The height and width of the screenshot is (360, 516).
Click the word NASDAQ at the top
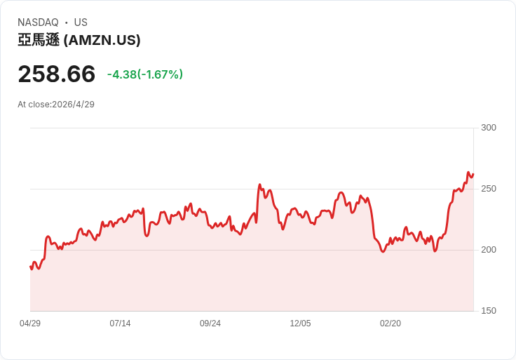click(x=38, y=22)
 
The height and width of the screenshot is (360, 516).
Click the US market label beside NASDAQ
click(x=81, y=22)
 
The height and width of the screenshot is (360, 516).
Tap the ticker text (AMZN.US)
click(x=102, y=41)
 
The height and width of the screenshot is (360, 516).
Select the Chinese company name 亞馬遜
click(x=39, y=41)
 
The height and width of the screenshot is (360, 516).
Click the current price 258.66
click(x=56, y=74)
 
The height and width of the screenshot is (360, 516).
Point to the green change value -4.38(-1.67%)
click(x=144, y=74)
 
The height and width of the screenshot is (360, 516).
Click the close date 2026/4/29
click(x=74, y=105)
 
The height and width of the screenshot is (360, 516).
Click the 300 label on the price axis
click(x=488, y=128)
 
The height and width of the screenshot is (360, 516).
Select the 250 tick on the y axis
click(x=488, y=189)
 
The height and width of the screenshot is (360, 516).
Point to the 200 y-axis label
click(x=488, y=250)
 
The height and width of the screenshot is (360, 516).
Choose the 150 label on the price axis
click(x=488, y=311)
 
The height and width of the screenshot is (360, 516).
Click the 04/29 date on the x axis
click(x=30, y=324)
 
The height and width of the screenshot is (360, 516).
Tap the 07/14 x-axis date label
click(x=120, y=324)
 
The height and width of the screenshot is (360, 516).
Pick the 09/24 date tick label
click(x=210, y=324)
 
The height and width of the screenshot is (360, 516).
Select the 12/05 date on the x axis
click(x=300, y=324)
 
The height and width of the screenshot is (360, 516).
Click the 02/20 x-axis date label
click(x=391, y=324)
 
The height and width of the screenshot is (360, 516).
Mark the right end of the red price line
click(x=473, y=175)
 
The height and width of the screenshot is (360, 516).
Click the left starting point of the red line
click(x=30, y=267)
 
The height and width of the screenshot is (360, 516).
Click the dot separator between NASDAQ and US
click(x=67, y=22)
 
